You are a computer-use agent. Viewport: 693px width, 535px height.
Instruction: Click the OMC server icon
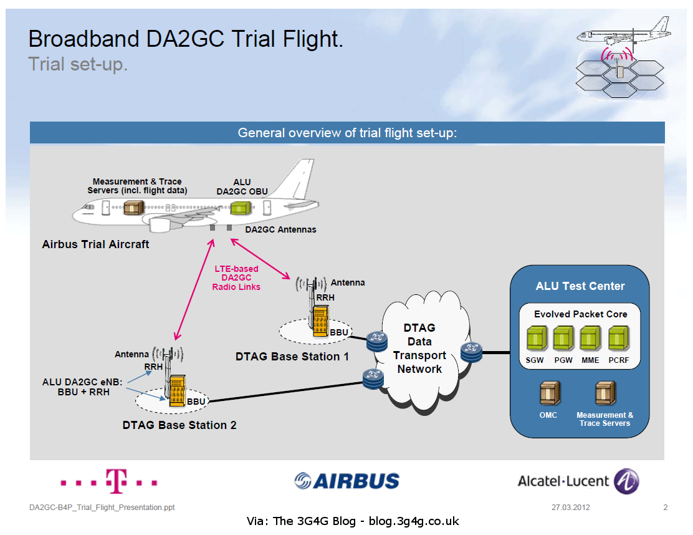click(x=549, y=393)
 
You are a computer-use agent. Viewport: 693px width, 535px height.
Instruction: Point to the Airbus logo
click(x=346, y=481)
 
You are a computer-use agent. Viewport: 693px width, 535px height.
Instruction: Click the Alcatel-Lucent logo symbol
click(x=626, y=481)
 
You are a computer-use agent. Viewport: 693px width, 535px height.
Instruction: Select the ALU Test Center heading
click(x=580, y=286)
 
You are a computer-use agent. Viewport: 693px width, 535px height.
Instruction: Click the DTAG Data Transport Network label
click(x=419, y=348)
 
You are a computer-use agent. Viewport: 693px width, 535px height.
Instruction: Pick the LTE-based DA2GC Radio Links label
click(x=236, y=277)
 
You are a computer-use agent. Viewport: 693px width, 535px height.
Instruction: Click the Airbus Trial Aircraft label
click(x=95, y=244)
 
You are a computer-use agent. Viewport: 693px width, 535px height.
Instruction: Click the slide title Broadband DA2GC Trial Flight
click(x=186, y=39)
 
